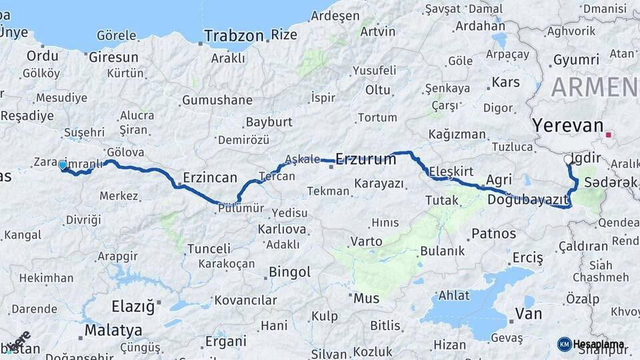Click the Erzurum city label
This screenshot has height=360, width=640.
[365, 159]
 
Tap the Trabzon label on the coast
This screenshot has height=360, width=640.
[234, 35]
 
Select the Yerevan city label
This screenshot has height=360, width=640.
[567, 125]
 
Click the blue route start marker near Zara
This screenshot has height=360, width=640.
[63, 165]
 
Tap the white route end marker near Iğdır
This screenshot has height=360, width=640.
[569, 160]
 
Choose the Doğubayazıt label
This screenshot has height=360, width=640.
[527, 199]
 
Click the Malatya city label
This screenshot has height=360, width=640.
[113, 330]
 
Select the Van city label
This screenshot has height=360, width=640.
[528, 313]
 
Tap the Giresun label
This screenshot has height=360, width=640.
[113, 57]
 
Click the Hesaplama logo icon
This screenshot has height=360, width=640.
[564, 344]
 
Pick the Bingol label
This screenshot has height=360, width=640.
[289, 272]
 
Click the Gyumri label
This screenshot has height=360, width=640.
[576, 59]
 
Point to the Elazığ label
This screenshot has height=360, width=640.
[133, 307]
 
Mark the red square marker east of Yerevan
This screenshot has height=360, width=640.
[608, 135]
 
